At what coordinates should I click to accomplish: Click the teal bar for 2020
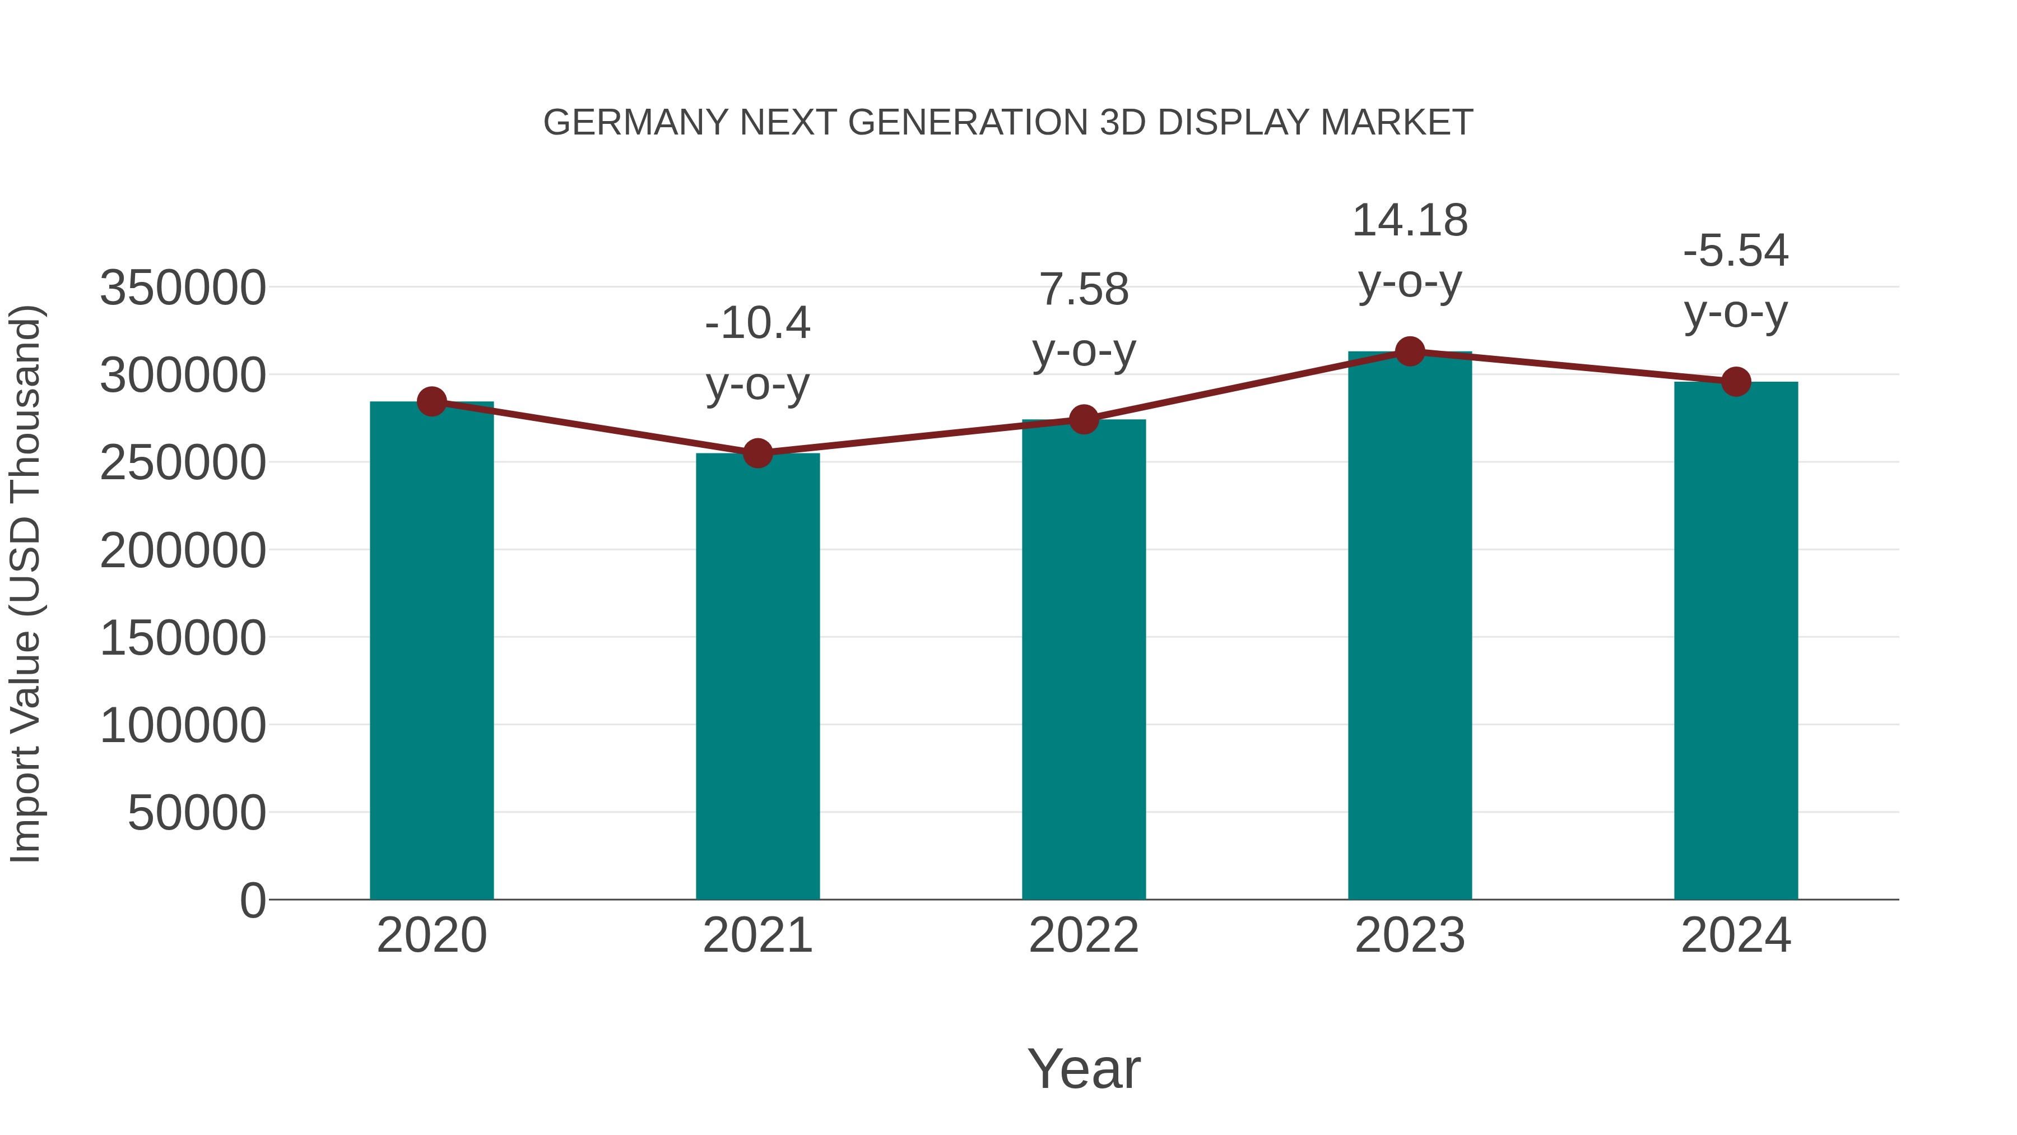(x=431, y=650)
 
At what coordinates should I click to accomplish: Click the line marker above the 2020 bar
(x=431, y=401)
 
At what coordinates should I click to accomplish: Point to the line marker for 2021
(x=757, y=453)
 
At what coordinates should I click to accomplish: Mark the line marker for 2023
(x=1410, y=351)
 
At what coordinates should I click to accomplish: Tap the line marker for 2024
(x=1736, y=382)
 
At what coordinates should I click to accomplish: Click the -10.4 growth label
(x=757, y=323)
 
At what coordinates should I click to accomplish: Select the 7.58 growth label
(x=1084, y=289)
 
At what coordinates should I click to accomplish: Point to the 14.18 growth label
(x=1410, y=220)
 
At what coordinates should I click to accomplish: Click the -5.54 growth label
(x=1736, y=251)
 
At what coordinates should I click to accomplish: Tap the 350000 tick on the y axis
(x=183, y=288)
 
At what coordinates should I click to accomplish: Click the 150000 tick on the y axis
(x=183, y=638)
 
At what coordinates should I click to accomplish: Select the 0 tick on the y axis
(x=252, y=900)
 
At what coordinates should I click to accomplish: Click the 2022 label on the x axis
(x=1084, y=935)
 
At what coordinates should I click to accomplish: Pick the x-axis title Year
(x=1084, y=1068)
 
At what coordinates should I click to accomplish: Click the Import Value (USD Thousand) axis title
(x=25, y=583)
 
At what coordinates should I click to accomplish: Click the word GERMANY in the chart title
(x=635, y=123)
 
